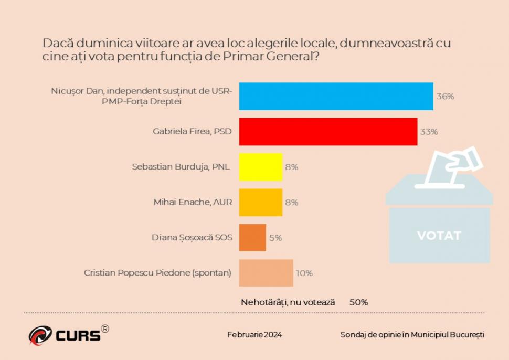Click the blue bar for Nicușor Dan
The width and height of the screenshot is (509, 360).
(x=336, y=96)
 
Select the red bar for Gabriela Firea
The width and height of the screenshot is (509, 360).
(x=328, y=131)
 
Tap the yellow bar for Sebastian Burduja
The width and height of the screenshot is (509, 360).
(x=261, y=167)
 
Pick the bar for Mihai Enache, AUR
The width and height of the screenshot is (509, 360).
(x=261, y=202)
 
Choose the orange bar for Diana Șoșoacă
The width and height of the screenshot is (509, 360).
(x=252, y=237)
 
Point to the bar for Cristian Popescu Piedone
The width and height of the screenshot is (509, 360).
(x=266, y=273)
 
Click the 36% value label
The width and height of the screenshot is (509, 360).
(x=445, y=97)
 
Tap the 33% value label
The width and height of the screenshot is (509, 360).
(x=429, y=132)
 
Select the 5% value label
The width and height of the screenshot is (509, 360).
(x=275, y=238)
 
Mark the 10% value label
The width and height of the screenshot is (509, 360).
(x=304, y=273)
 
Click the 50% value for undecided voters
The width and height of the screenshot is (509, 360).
(x=359, y=302)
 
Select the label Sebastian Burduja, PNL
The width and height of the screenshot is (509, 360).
(x=182, y=167)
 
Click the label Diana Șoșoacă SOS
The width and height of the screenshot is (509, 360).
(x=192, y=237)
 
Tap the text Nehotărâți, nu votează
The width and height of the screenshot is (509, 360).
(x=288, y=302)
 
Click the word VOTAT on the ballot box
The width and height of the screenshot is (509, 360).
(x=439, y=236)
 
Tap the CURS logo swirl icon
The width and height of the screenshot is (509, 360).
(x=40, y=335)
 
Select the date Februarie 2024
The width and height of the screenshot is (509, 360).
(x=254, y=335)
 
